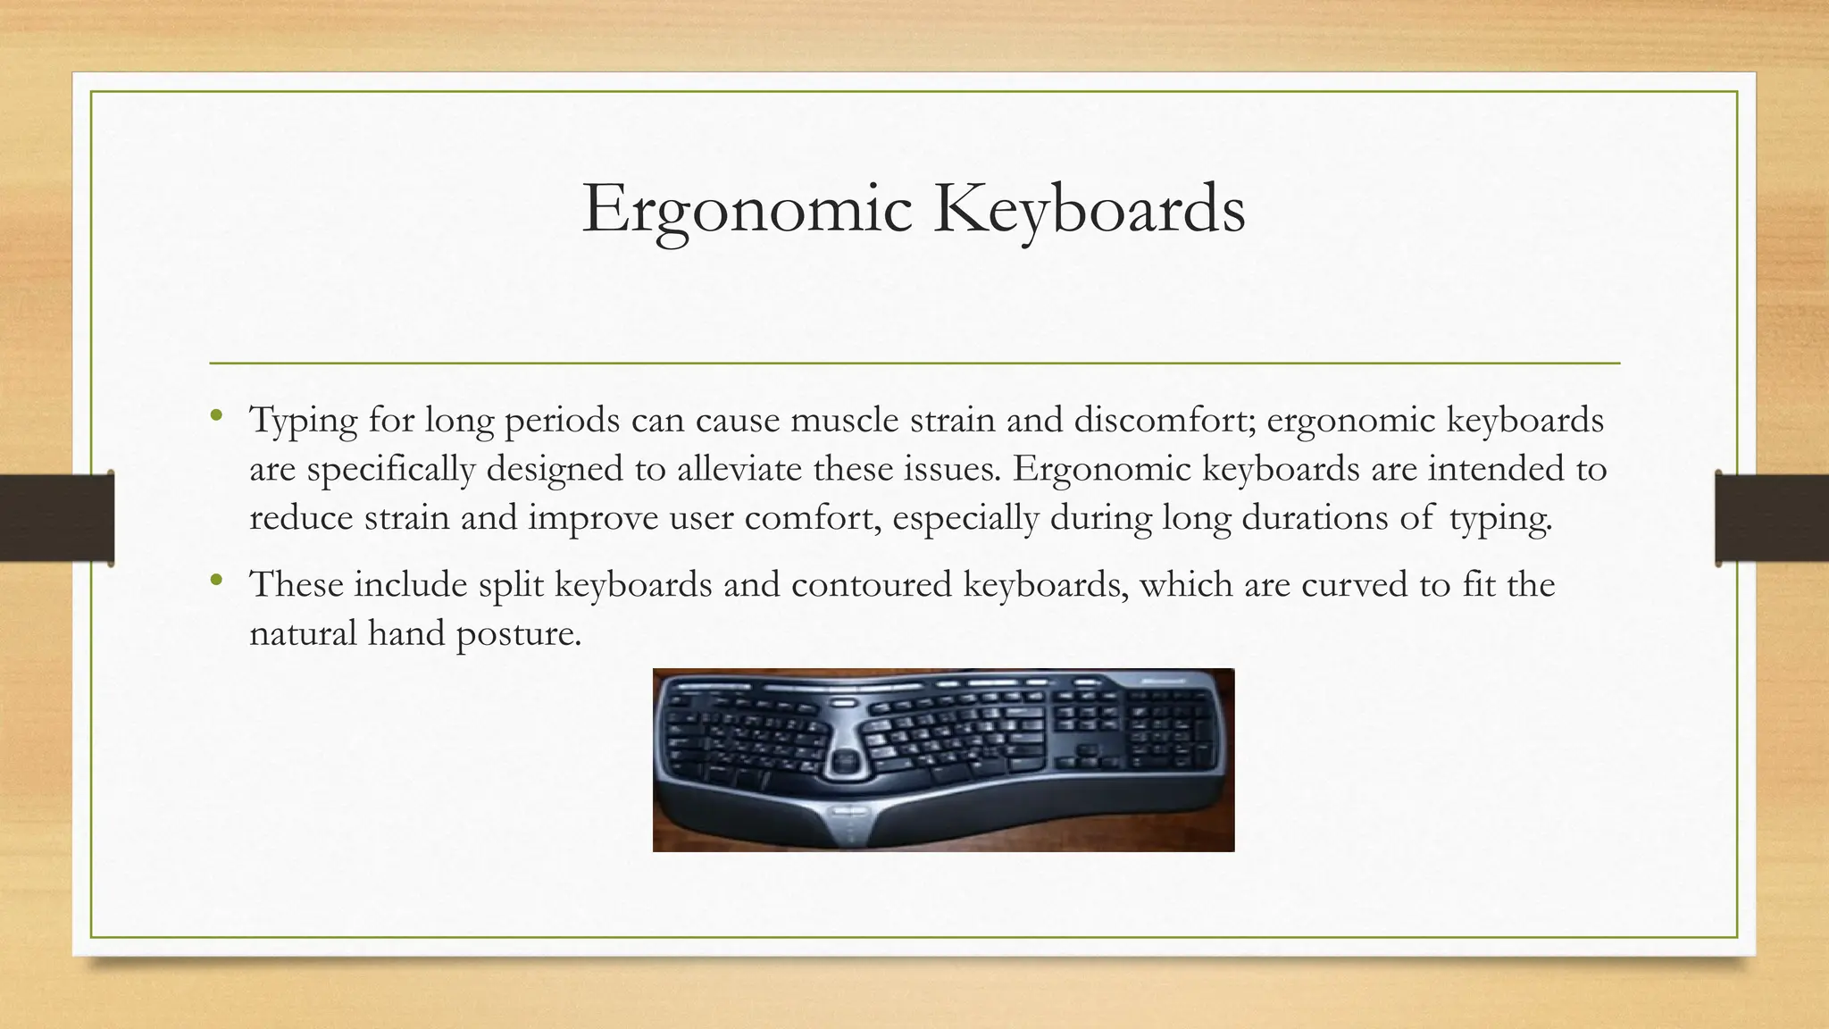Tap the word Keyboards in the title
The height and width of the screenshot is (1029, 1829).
pyautogui.click(x=1089, y=210)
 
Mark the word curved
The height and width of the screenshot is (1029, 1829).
pyautogui.click(x=1352, y=585)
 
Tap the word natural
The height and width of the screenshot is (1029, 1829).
pyautogui.click(x=303, y=634)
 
